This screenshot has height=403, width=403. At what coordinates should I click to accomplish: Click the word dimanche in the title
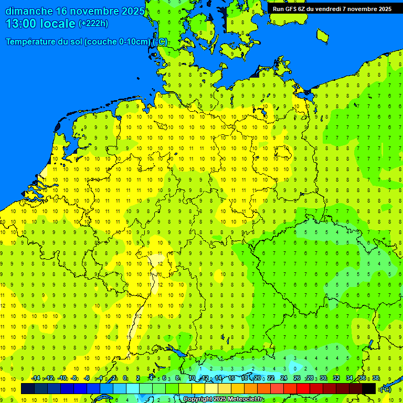click(28, 11)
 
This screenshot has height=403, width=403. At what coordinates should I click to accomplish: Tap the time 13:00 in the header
click(21, 24)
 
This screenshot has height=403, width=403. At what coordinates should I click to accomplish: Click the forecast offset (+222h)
click(93, 24)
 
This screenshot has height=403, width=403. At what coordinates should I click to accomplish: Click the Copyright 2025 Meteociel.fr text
click(222, 399)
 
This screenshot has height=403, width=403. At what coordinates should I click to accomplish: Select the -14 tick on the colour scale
click(36, 378)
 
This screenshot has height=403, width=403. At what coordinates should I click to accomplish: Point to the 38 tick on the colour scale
click(376, 378)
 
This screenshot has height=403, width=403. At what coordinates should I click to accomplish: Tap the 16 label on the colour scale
click(231, 378)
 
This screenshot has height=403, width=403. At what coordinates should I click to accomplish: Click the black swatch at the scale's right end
click(369, 389)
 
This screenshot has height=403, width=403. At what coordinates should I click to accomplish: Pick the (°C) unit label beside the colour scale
click(385, 389)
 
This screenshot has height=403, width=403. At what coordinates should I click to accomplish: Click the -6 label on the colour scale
click(87, 378)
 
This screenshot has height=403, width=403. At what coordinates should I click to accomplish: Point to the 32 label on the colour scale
click(336, 378)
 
